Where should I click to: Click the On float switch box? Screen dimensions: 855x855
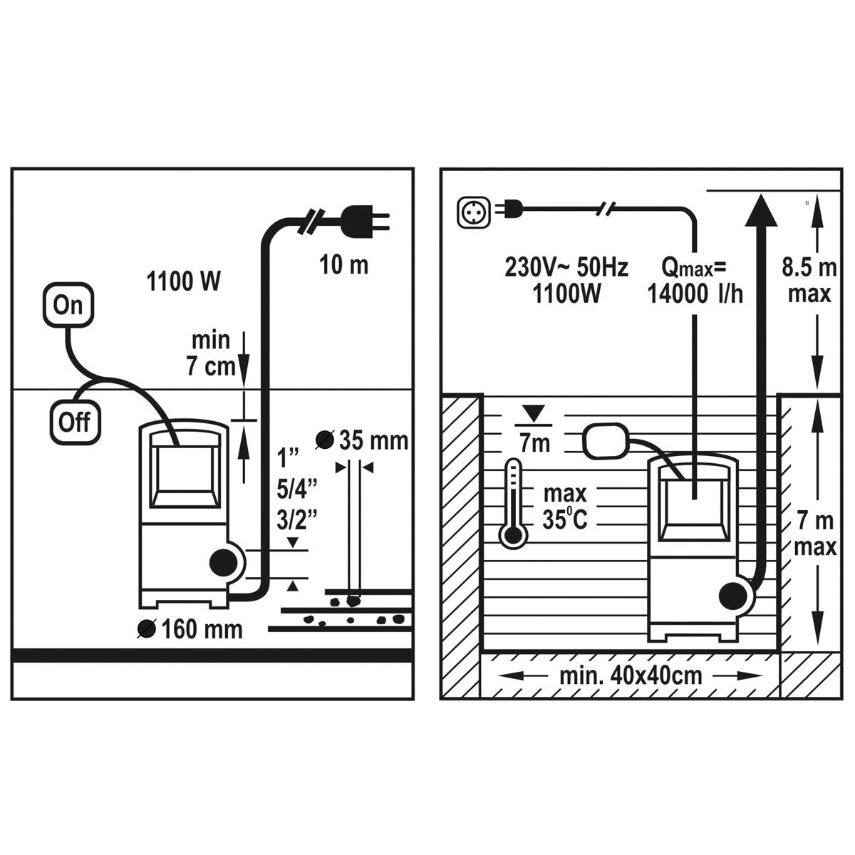[68, 305]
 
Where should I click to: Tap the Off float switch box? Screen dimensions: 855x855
[75, 422]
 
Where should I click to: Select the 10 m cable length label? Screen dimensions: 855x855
[344, 265]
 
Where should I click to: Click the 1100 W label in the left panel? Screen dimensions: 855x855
[183, 281]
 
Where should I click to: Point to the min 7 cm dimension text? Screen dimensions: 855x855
[211, 353]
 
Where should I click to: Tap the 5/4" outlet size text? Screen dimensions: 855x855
[297, 489]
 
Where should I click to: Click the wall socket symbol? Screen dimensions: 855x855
[474, 212]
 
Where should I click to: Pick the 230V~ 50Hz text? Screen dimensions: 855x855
[566, 268]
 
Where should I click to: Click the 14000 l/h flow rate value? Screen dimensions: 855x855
[695, 294]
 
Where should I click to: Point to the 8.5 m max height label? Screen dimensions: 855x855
[809, 281]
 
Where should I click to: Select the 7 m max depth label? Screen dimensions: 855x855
[815, 534]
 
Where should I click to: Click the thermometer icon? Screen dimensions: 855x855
[513, 504]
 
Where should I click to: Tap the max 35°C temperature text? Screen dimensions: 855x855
[565, 507]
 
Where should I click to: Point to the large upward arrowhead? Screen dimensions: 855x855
[761, 210]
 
